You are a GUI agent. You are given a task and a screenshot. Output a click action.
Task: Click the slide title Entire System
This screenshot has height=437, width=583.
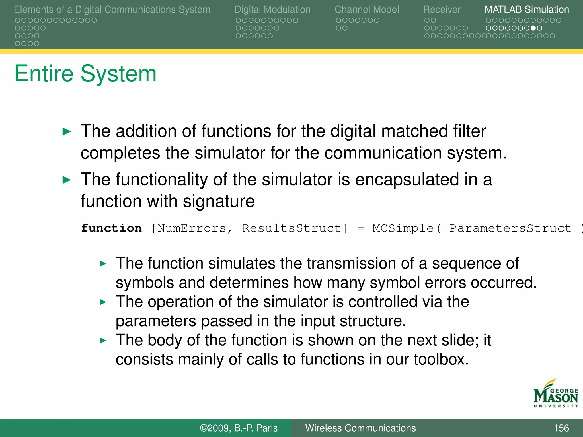(85, 74)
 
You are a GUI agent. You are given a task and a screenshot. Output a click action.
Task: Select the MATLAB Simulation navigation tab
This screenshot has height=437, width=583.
(527, 9)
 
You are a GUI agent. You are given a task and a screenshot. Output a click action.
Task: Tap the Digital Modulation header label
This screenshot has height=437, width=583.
(272, 9)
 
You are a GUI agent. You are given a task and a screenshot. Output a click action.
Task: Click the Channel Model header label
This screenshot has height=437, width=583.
(367, 9)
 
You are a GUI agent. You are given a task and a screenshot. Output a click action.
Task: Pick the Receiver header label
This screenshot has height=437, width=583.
(442, 9)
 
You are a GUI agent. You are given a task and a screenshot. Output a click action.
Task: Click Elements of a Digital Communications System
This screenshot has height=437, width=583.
(112, 9)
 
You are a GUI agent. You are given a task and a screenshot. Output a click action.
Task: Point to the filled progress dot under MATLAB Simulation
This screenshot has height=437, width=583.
(533, 28)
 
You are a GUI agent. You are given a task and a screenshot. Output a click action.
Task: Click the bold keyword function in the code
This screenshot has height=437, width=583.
(111, 228)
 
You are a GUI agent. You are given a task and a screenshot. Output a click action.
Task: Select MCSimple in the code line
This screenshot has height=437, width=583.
(403, 228)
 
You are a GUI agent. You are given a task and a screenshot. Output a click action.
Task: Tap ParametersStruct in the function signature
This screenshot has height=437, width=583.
(510, 228)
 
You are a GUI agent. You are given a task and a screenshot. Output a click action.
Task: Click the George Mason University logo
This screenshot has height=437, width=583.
(555, 394)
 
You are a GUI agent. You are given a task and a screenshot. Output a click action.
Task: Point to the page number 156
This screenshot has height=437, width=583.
(561, 428)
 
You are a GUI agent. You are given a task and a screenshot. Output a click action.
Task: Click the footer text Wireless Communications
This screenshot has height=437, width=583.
(360, 428)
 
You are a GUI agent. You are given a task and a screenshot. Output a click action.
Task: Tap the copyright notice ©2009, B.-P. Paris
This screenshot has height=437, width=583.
(239, 428)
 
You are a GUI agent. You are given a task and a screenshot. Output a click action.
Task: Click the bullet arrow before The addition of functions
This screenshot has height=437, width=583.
(66, 132)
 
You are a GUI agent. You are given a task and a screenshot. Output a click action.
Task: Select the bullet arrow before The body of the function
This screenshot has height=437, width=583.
(103, 340)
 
